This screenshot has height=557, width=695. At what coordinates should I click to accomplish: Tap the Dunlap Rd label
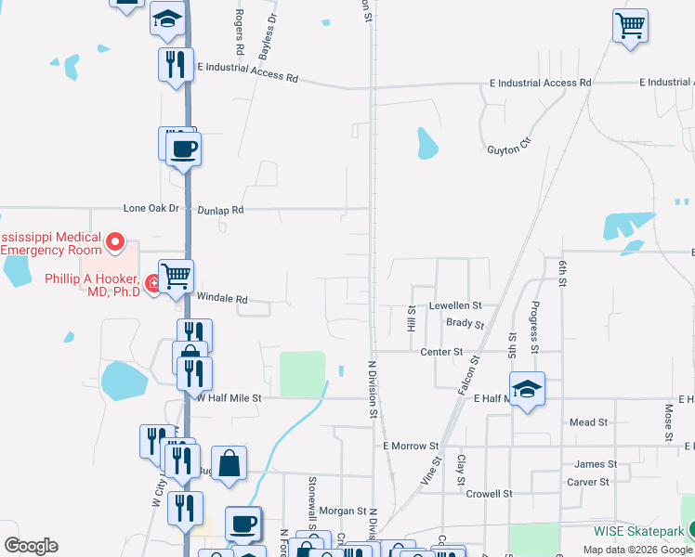[224, 210]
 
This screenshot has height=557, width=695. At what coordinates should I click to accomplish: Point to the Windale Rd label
[222, 299]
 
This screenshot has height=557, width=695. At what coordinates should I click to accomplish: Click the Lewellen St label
[455, 304]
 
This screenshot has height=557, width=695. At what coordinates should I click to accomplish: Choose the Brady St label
[465, 324]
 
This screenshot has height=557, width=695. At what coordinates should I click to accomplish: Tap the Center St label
[441, 352]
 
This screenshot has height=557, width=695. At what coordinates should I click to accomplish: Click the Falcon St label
[467, 378]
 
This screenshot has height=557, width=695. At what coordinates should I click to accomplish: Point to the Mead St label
[588, 421]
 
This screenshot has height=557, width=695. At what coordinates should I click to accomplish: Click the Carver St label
[587, 482]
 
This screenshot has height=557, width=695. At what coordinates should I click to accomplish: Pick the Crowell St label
[489, 494]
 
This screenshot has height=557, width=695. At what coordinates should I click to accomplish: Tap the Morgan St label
[343, 511]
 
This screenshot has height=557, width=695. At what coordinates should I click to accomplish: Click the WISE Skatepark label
[639, 532]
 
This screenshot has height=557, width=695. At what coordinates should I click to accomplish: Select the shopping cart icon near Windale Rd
[176, 275]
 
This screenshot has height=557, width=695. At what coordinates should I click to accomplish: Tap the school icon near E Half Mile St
[526, 388]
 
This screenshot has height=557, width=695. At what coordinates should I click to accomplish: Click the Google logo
[31, 546]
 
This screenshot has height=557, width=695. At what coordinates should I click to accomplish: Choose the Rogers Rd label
[239, 31]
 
